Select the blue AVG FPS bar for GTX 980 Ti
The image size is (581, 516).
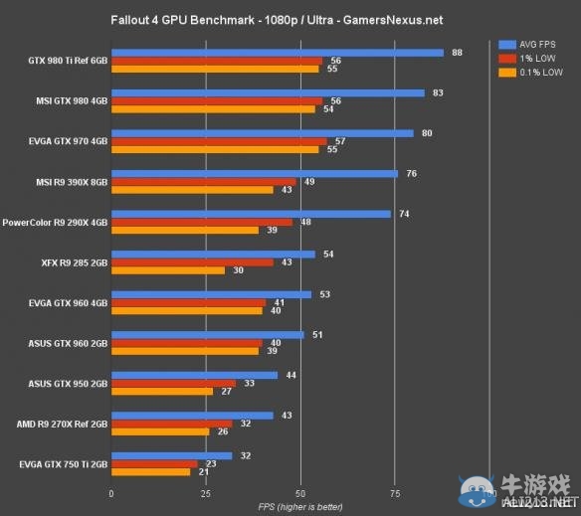pyautogui.click(x=277, y=53)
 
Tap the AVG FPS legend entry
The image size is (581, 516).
pyautogui.click(x=532, y=44)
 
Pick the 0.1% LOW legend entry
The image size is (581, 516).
pyautogui.click(x=532, y=73)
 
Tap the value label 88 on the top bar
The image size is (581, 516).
pyautogui.click(x=457, y=52)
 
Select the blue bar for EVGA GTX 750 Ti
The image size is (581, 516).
pyautogui.click(x=171, y=455)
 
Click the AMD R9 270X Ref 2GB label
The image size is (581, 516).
pyautogui.click(x=63, y=424)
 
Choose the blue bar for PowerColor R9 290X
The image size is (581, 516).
pyautogui.click(x=251, y=214)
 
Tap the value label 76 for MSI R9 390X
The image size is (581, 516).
pyautogui.click(x=411, y=173)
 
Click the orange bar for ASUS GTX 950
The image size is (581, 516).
pyautogui.click(x=161, y=391)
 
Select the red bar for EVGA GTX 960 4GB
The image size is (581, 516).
pyautogui.click(x=188, y=302)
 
